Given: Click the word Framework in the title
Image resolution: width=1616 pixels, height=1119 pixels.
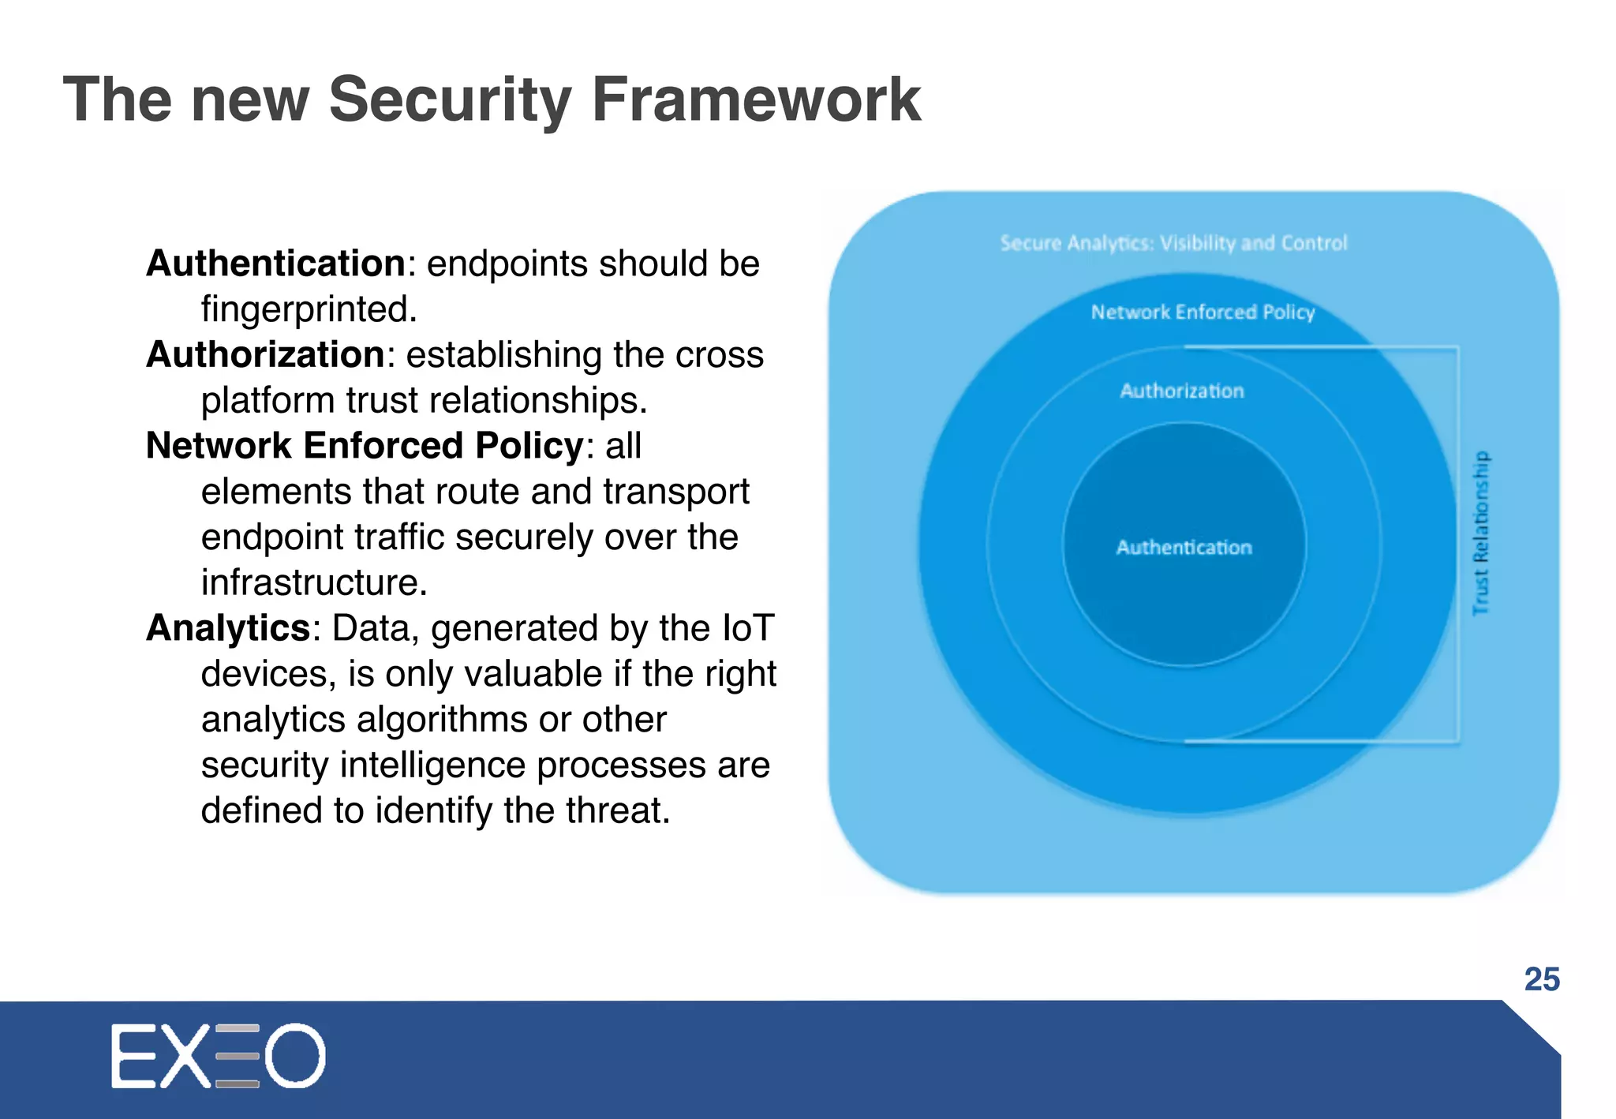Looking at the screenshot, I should [756, 99].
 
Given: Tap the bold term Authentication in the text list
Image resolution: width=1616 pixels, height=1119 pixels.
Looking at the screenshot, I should [275, 264].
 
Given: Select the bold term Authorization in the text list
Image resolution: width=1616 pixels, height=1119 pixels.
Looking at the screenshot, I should [265, 354].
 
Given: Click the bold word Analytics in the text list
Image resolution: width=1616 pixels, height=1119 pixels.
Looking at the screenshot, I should [228, 628].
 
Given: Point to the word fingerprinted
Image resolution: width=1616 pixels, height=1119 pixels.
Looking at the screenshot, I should [308, 309].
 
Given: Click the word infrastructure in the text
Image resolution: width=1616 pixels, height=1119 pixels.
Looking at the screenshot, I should [313, 582].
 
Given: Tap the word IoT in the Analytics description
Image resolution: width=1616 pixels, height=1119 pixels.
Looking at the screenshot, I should [747, 628].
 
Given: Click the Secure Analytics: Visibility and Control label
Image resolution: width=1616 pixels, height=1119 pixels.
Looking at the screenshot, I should [1173, 243].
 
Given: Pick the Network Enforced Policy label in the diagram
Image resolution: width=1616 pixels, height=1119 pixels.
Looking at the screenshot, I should [1203, 312].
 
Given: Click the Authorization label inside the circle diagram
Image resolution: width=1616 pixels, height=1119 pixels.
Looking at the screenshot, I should [1181, 391].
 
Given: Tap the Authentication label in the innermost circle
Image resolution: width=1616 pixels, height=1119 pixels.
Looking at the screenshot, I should [1184, 547].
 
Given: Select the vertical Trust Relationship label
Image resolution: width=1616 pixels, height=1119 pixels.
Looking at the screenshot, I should [1481, 533].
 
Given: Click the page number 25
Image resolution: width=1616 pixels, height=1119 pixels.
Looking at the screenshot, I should [1542, 979].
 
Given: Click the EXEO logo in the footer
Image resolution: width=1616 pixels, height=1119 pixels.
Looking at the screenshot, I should [218, 1056].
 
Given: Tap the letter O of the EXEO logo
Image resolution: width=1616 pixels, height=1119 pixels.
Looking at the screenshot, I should [294, 1056].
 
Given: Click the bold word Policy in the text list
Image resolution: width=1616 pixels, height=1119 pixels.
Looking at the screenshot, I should [528, 446].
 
